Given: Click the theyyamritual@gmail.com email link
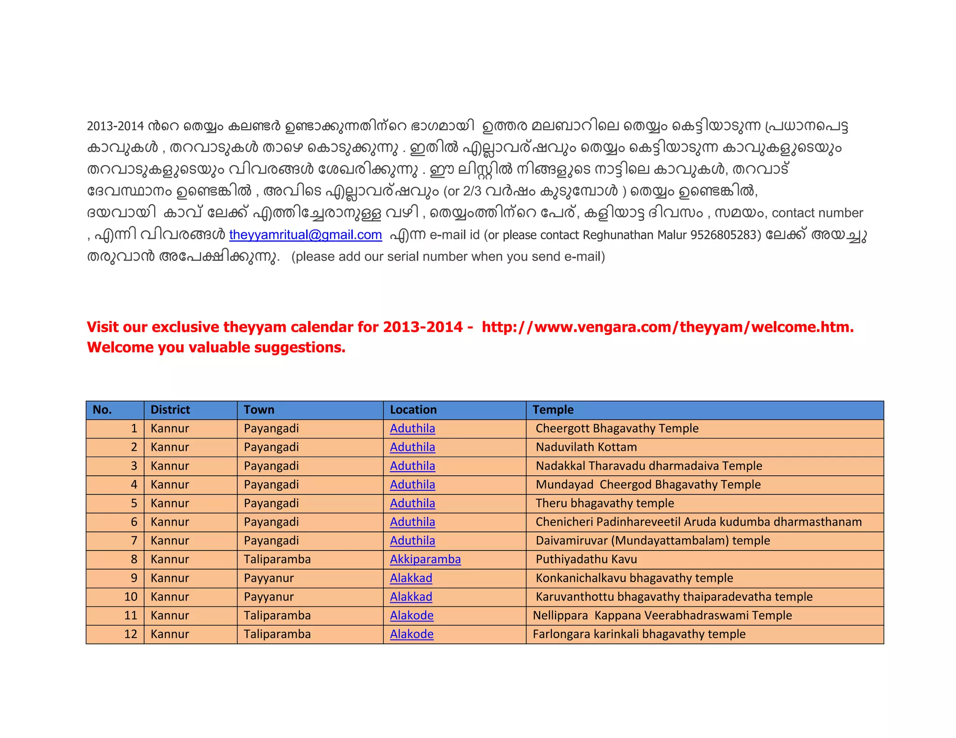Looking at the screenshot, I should click(x=305, y=235).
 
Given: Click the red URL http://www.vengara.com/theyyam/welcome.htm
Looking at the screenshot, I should click(x=667, y=327).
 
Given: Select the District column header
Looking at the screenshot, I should click(x=170, y=410).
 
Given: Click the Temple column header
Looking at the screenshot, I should click(x=553, y=410).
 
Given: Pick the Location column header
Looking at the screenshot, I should click(x=413, y=410).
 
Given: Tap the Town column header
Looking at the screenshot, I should click(x=259, y=410).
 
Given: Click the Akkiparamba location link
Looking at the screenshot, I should click(x=425, y=559).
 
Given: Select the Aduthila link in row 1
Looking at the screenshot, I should click(x=412, y=428).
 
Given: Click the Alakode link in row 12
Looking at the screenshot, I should click(x=412, y=634).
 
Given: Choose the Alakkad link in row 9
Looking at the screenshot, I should click(x=411, y=578).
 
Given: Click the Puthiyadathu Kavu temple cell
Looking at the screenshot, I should click(x=586, y=559).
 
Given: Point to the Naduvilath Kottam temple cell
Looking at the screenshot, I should click(x=586, y=447).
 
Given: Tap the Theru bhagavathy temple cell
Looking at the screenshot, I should click(x=605, y=503).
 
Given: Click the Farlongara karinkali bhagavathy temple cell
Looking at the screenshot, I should click(x=639, y=634).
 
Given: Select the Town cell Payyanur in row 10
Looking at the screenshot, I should click(x=268, y=597).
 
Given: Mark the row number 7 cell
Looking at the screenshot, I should click(x=134, y=541).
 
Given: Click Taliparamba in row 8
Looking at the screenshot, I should click(x=277, y=559).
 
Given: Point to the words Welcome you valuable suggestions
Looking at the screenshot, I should click(x=216, y=348).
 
